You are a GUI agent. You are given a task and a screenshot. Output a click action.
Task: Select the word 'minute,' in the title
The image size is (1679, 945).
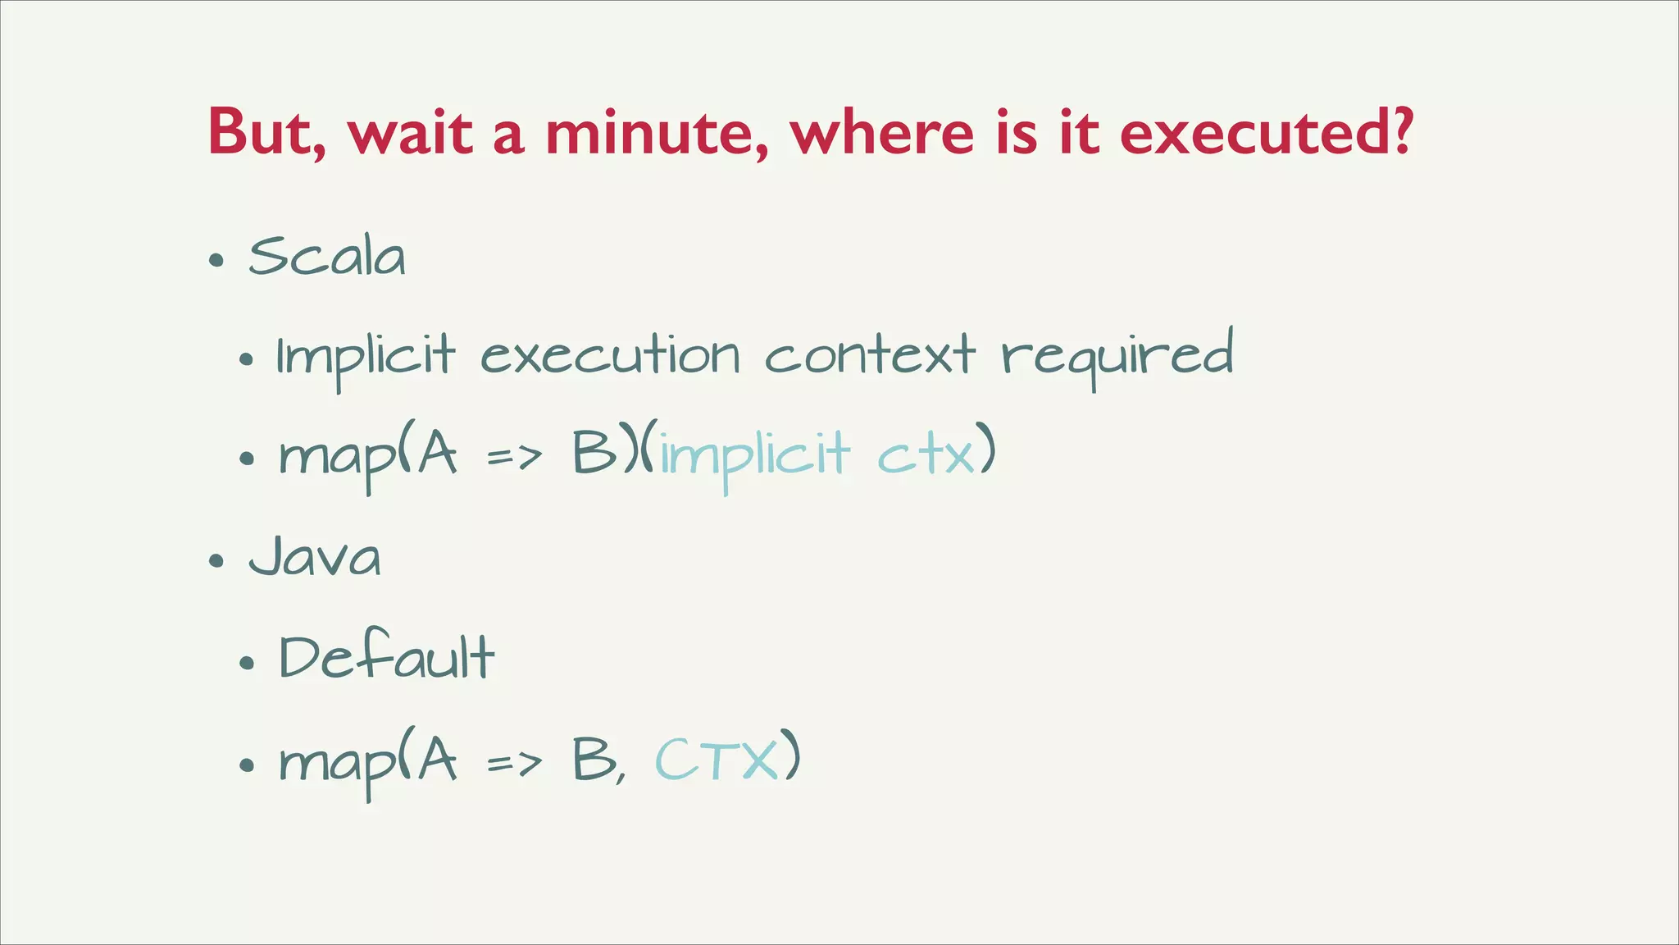click(x=657, y=133)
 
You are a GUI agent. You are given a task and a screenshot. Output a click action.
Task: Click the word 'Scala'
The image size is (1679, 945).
click(x=327, y=257)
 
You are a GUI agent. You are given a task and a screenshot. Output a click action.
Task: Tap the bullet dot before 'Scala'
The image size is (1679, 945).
click(x=216, y=261)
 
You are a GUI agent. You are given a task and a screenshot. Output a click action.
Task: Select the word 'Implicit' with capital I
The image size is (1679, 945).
click(x=366, y=358)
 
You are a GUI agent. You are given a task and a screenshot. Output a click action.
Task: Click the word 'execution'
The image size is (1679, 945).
click(x=610, y=358)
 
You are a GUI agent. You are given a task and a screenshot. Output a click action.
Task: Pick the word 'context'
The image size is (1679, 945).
click(x=870, y=356)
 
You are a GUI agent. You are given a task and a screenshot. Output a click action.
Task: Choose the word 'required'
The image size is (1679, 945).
click(x=1117, y=358)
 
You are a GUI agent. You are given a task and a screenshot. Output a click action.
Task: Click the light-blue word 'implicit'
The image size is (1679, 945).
click(x=755, y=454)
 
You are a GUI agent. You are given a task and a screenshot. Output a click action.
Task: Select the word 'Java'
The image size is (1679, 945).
click(x=316, y=557)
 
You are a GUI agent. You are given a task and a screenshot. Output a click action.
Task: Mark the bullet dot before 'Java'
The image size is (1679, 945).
click(x=216, y=562)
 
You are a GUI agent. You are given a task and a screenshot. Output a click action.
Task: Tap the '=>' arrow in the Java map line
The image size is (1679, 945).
click(x=514, y=763)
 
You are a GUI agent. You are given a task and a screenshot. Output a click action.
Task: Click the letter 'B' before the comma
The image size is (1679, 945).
click(x=594, y=760)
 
